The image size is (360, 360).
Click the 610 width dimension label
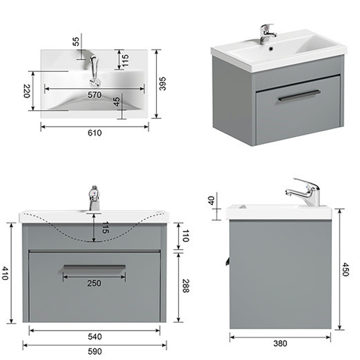click(x=95, y=133)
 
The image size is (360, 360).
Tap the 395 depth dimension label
click(x=163, y=83)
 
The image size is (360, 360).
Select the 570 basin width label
click(x=94, y=95)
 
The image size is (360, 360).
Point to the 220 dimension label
click(x=27, y=91)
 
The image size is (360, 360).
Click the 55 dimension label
click(x=76, y=41)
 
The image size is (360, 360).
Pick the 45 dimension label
click(x=116, y=101)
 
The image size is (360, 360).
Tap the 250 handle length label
click(x=94, y=283)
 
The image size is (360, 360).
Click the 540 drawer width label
click(x=95, y=337)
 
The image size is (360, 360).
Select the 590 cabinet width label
click(x=95, y=351)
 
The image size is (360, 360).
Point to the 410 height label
click(x=5, y=273)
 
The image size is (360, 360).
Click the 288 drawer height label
click(x=185, y=286)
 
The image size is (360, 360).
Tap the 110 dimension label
click(x=185, y=236)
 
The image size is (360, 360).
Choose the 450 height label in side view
click(x=346, y=269)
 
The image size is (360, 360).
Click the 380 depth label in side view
click(x=280, y=343)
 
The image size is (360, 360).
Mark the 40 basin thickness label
click(x=211, y=200)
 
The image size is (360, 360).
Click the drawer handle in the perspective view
click(x=299, y=95)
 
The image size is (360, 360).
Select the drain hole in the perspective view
click(x=271, y=49)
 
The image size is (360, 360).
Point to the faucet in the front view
click(x=94, y=198)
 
